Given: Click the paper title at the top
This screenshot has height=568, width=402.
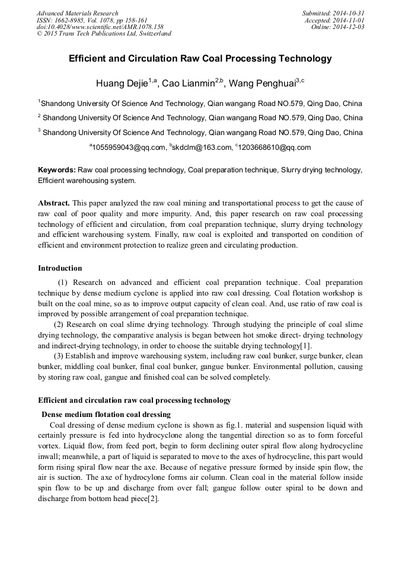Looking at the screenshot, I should pos(200,59).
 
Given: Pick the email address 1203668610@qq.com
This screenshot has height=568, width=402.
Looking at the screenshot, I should pos(275,147).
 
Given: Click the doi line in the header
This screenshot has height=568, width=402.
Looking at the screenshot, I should pos(100,27).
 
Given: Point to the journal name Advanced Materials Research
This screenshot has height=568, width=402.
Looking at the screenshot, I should pos(77,13).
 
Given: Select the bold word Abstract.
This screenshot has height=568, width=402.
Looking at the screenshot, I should pos(55,203).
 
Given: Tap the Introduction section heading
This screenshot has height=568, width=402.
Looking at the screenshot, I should pos(60,268).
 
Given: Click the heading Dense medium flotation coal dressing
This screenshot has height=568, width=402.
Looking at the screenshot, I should pos(106,414).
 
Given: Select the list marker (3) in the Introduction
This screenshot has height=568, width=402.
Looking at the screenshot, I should pos(60,356).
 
